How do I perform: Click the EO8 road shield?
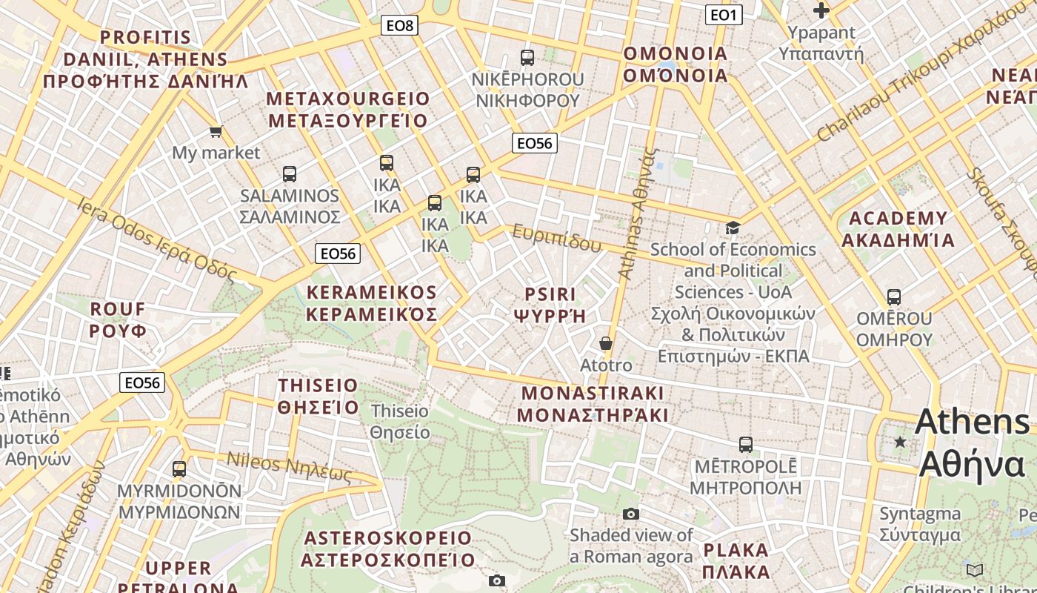(x=400, y=26)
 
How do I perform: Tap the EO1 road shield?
(x=723, y=15)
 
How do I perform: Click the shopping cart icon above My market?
(x=216, y=131)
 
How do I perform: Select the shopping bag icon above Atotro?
(x=606, y=343)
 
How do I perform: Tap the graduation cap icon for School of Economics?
(x=733, y=228)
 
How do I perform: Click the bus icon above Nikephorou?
(x=527, y=57)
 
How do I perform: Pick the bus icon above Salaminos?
(x=290, y=174)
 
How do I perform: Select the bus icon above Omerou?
(x=894, y=297)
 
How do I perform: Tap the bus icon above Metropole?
(x=746, y=445)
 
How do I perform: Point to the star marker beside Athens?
(x=900, y=442)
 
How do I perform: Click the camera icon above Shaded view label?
(x=630, y=514)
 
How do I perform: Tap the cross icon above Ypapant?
(x=821, y=10)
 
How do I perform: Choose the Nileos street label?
(x=288, y=466)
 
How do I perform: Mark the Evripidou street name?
(x=556, y=238)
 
